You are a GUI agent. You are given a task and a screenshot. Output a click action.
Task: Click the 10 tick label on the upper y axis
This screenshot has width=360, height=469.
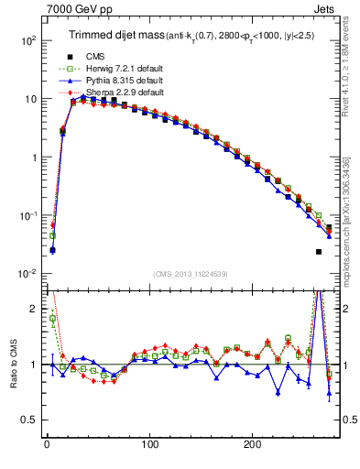(x=29, y=99)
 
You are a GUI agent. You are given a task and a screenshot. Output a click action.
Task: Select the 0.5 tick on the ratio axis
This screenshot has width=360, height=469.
(x=27, y=419)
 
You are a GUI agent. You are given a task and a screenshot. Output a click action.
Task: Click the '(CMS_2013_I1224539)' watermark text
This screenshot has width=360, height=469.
(x=191, y=273)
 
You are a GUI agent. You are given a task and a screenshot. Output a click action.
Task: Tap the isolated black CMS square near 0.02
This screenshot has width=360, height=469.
(x=319, y=252)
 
